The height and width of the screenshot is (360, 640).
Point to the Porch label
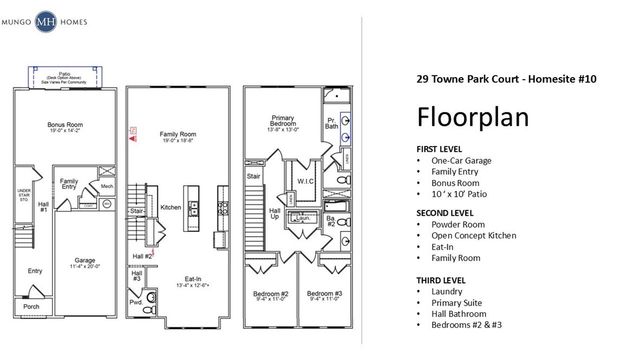(33, 307)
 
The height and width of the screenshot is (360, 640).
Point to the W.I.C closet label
(306, 181)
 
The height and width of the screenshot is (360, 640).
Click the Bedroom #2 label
(270, 294)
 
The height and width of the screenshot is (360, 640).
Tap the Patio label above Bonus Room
(63, 74)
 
